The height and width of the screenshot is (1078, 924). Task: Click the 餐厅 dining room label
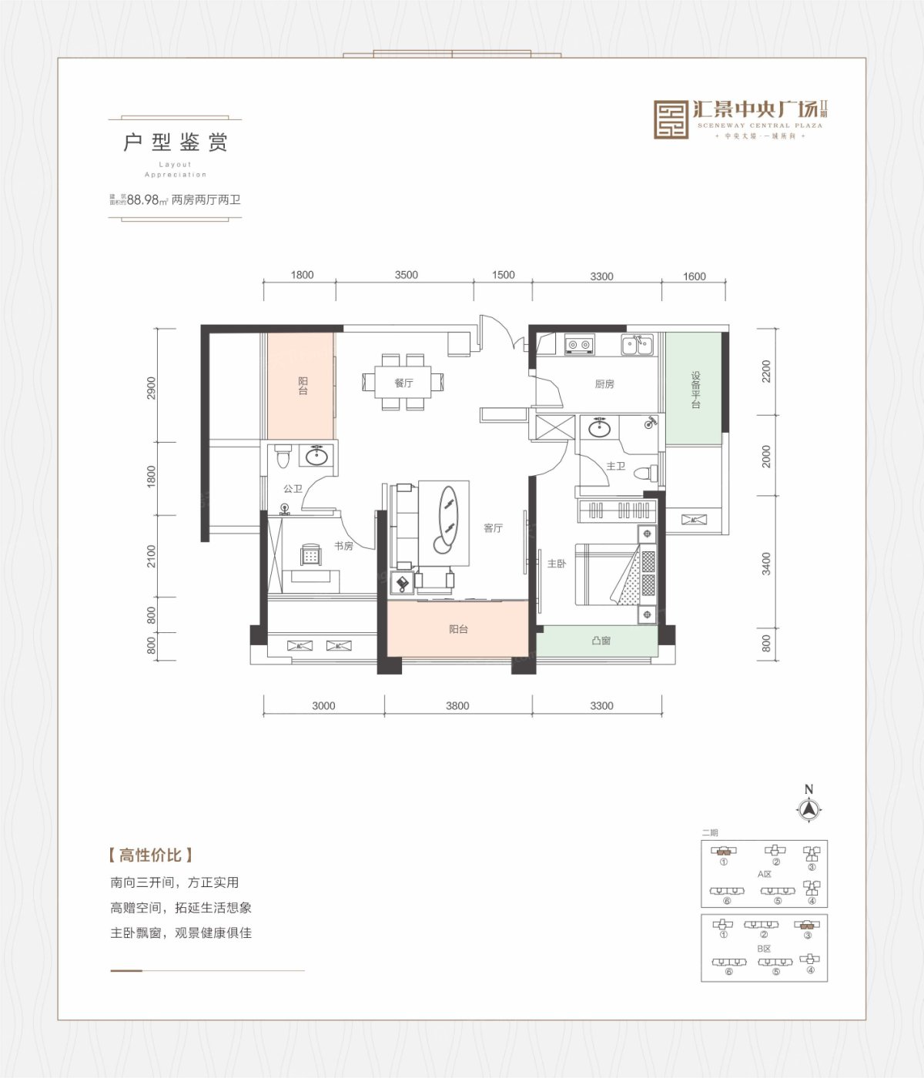point(403,383)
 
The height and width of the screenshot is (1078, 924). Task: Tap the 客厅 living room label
point(493,528)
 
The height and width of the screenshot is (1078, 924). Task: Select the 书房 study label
point(343,546)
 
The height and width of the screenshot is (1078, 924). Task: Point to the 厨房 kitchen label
point(604,384)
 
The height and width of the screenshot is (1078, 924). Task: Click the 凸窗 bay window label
point(601,641)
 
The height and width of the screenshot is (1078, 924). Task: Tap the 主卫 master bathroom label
point(615,467)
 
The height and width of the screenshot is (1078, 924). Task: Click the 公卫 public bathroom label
point(293,489)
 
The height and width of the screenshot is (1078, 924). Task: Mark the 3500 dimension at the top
point(406,275)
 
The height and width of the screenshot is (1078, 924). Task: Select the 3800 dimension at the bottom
point(457,705)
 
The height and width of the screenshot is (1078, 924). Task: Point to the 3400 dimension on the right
point(765,563)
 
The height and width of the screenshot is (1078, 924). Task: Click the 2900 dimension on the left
point(152,387)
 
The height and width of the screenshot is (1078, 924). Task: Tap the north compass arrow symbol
point(808,809)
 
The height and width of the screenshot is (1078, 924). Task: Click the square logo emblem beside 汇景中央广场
point(671,119)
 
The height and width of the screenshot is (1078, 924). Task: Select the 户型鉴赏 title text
point(176,142)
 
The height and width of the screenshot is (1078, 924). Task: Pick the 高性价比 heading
point(150,855)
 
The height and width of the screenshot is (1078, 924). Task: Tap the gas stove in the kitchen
point(579,344)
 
